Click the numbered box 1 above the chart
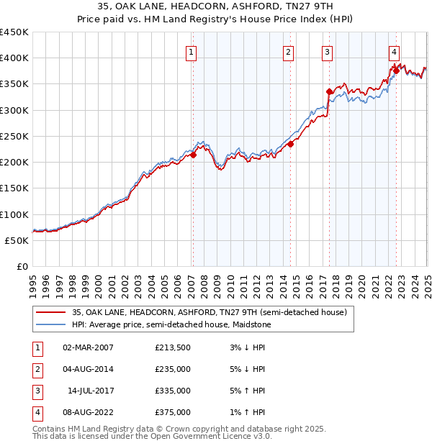192,52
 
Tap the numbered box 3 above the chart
327,52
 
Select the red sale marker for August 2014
291,144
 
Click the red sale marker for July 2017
329,91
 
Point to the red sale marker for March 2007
193,155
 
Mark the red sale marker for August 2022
396,70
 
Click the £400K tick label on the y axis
14,58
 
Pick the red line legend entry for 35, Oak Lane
210,312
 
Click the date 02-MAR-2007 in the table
89,348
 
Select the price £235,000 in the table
173,370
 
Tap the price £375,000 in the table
173,413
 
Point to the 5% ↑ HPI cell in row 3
246,391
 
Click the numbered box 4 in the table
35,413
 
